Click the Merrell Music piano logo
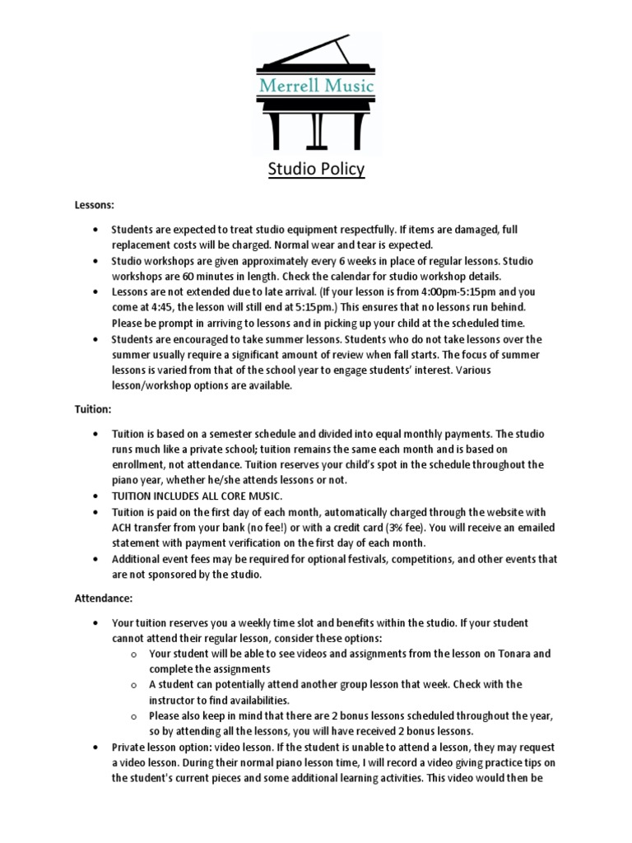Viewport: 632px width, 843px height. tap(316, 91)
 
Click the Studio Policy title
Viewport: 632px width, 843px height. tap(316, 170)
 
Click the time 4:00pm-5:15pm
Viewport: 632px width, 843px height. tap(461, 291)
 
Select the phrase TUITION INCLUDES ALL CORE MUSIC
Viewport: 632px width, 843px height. tap(197, 496)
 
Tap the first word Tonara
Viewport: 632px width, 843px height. tap(504, 654)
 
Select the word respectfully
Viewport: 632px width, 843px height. tap(387, 229)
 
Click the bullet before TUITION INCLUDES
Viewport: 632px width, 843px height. tap(97, 496)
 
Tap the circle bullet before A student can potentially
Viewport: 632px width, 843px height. tap(134, 685)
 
